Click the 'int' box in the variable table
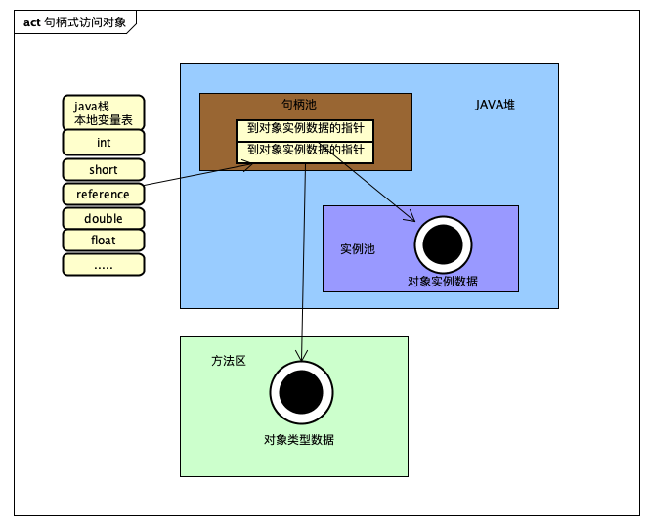coord(104,143)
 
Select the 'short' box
coord(104,170)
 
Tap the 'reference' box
coord(104,194)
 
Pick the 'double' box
coord(104,218)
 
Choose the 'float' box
coord(104,240)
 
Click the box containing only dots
coord(104,264)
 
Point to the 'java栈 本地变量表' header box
coord(104,111)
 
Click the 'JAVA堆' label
coord(496,105)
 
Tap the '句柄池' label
coord(299,104)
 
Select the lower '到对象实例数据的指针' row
coord(305,152)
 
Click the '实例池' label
coord(357,249)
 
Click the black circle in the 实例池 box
coord(443,244)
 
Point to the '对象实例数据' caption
coord(443,282)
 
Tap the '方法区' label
coord(228,361)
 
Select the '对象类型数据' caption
coord(298,440)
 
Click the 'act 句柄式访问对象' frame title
coord(74,22)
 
